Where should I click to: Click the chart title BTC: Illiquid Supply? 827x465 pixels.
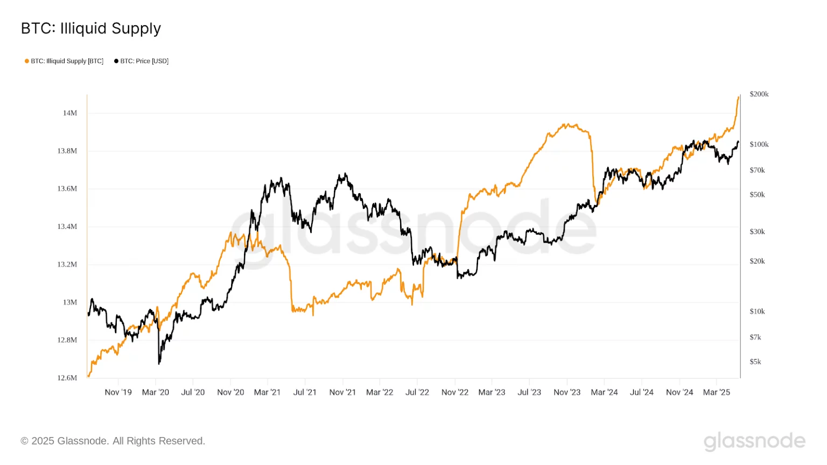click(90, 29)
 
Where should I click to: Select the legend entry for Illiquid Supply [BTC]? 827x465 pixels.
click(67, 61)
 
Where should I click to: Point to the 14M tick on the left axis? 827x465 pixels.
click(70, 113)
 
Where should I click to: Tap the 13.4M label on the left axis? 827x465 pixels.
click(67, 227)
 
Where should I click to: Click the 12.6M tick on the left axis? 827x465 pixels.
click(67, 378)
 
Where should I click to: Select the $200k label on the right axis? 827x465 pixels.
click(759, 94)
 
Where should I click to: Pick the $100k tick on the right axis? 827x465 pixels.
click(759, 144)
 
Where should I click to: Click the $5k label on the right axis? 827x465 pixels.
click(755, 362)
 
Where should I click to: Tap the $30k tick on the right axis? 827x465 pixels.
click(757, 231)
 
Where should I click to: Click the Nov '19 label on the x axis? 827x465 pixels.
click(118, 392)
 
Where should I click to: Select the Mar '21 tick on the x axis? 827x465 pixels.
click(267, 392)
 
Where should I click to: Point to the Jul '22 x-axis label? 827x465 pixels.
click(417, 392)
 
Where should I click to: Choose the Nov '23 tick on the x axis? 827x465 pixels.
click(567, 392)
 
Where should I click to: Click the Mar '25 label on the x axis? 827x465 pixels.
click(716, 392)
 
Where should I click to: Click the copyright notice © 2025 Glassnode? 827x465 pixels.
click(113, 441)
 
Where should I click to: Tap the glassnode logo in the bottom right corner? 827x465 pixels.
click(754, 441)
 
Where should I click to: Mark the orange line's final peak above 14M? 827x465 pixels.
click(738, 97)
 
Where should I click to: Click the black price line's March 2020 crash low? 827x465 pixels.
click(159, 363)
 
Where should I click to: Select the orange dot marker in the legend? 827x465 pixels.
click(27, 61)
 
